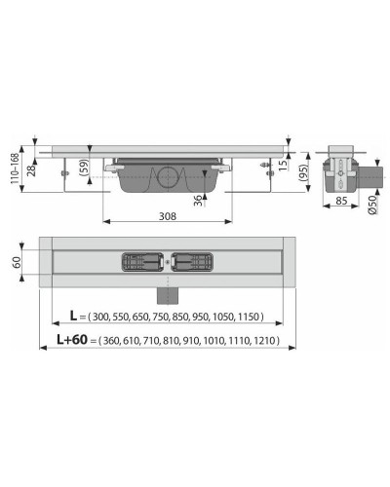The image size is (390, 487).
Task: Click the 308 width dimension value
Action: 170,217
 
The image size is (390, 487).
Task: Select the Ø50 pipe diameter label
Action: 372,206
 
